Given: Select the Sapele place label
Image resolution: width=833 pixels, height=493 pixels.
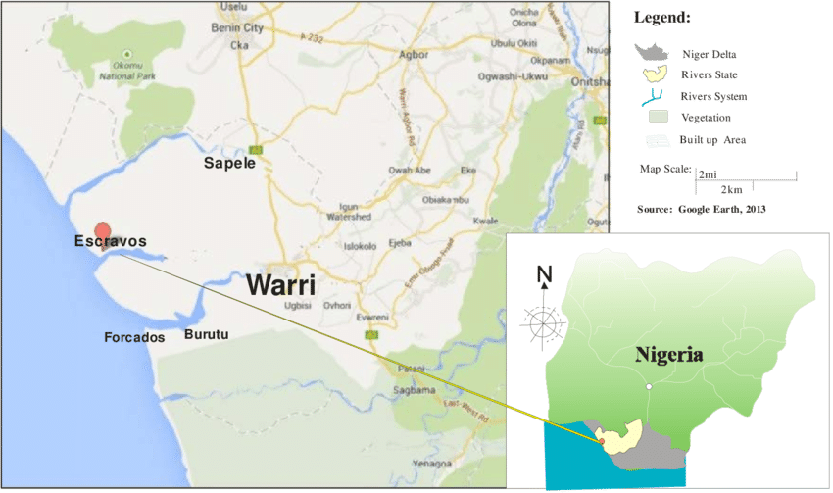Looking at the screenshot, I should point(229,163).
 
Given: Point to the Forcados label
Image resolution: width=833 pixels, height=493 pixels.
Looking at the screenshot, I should point(134,337).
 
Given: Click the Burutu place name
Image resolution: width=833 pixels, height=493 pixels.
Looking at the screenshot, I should point(206,334).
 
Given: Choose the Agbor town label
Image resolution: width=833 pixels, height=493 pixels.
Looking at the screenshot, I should point(415,54).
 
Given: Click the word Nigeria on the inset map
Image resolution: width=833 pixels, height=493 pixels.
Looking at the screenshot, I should point(668,355).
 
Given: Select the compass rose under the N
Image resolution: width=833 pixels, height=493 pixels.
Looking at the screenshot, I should point(544,322).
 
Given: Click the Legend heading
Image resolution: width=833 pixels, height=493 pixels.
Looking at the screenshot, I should point(661,18).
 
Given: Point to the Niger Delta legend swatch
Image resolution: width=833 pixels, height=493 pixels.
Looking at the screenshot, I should point(653,52).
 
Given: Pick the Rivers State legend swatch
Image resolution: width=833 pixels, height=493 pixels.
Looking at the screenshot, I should point(652,74).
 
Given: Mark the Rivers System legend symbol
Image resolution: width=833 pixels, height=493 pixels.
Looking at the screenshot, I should point(652,97).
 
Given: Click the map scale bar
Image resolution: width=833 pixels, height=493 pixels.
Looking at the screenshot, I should point(745,177).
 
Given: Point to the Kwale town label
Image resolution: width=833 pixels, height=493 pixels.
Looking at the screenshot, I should point(486,222).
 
